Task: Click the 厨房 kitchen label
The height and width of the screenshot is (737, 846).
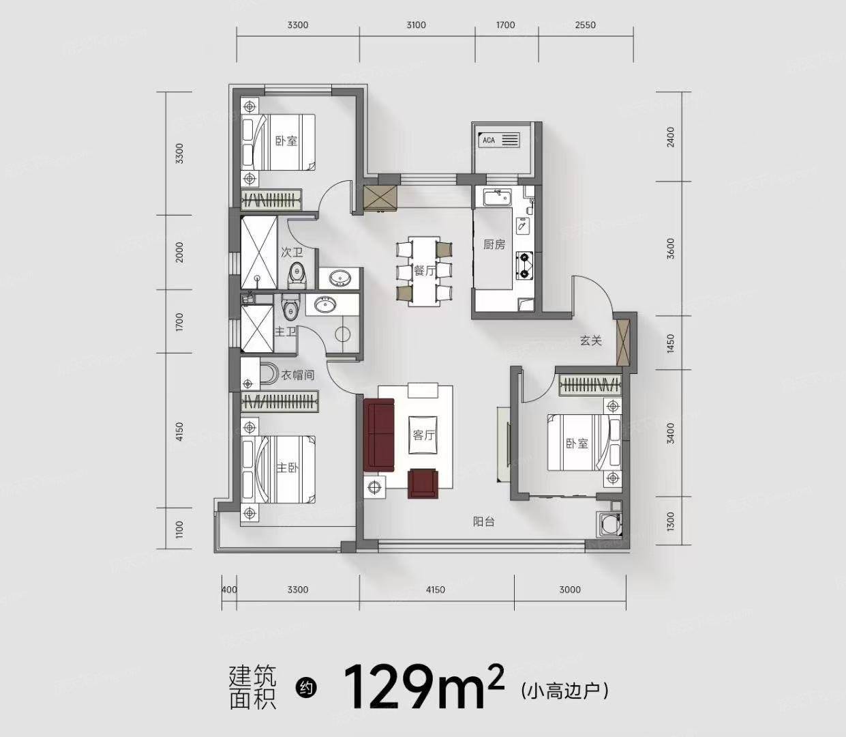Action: tap(494, 244)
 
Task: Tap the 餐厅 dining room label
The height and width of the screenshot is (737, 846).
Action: tap(424, 271)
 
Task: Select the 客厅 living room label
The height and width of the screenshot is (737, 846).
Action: tap(424, 435)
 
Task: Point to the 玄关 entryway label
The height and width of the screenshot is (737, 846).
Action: tap(591, 341)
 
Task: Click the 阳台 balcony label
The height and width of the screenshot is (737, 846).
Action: tap(484, 522)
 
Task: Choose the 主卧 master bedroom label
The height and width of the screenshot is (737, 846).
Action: tap(287, 468)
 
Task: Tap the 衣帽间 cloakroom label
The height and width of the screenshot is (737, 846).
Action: tap(298, 375)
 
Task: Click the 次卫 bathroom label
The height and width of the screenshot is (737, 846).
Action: tap(292, 252)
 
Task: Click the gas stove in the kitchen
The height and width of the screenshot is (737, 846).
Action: tap(524, 265)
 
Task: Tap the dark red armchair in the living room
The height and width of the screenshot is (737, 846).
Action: tap(422, 483)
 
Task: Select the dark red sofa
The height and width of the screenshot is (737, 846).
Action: tap(379, 435)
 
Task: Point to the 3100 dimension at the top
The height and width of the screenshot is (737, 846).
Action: tap(416, 25)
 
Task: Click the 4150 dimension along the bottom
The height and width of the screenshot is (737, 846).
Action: tap(436, 590)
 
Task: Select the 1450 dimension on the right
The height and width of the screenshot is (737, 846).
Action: tap(671, 343)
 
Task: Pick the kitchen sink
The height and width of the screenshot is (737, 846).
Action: tap(498, 198)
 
